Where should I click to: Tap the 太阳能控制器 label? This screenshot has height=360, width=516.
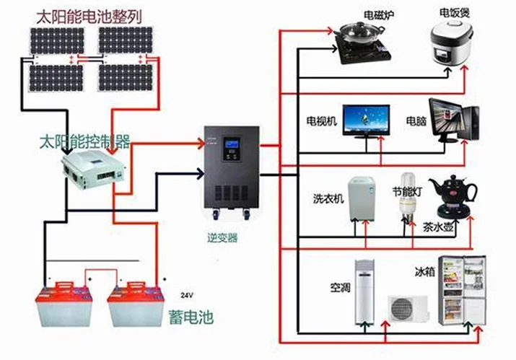pos(84,139)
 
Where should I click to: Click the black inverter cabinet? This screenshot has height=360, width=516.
pos(230,170)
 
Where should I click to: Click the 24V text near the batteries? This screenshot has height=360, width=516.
pos(187,295)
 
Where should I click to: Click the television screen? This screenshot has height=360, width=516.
pos(367,120)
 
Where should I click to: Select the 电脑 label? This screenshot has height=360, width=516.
pos(416,120)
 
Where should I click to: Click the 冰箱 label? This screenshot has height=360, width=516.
pos(424,273)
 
